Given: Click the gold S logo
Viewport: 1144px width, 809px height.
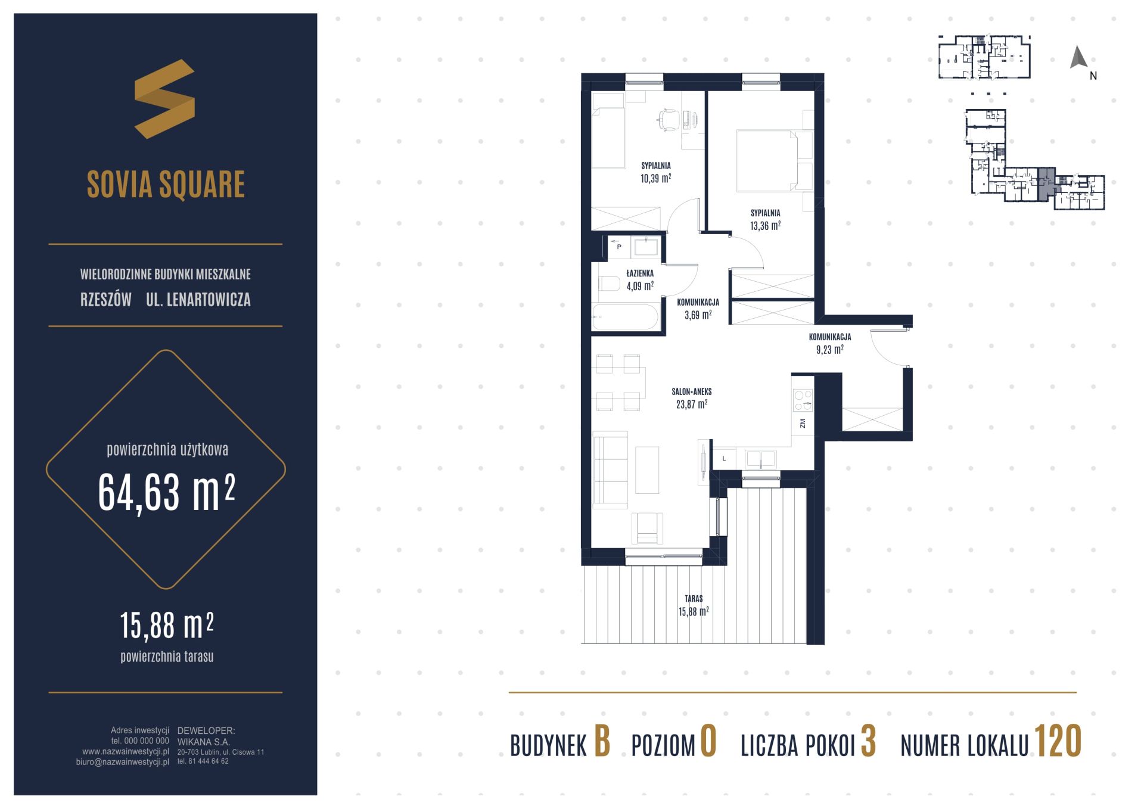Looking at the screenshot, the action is [x=164, y=99].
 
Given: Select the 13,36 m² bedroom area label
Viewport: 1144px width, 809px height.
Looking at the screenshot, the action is [x=765, y=220].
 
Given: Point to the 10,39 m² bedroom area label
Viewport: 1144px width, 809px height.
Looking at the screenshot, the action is [x=655, y=172].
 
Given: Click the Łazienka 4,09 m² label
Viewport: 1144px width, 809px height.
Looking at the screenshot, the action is [x=640, y=280].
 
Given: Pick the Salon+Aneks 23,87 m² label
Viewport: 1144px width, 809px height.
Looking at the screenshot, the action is [x=692, y=398].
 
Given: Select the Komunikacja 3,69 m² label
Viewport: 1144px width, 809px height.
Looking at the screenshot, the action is [x=698, y=309].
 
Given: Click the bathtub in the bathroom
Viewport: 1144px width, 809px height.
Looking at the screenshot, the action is [x=625, y=318].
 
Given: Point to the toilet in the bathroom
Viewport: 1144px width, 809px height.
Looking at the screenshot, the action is [x=609, y=284].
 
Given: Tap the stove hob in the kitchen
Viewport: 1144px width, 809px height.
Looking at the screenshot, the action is [x=803, y=400].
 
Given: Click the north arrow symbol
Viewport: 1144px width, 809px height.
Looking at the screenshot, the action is [x=1078, y=57].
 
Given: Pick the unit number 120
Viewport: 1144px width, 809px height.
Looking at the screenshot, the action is [x=1058, y=742].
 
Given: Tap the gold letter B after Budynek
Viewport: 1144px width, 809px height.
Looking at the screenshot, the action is [x=602, y=742].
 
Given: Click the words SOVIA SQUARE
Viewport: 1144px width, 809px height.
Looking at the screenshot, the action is [x=166, y=184].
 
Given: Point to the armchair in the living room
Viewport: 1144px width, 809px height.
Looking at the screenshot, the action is [x=647, y=528].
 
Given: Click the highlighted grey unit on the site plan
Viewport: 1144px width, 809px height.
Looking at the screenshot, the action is [x=1046, y=184].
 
